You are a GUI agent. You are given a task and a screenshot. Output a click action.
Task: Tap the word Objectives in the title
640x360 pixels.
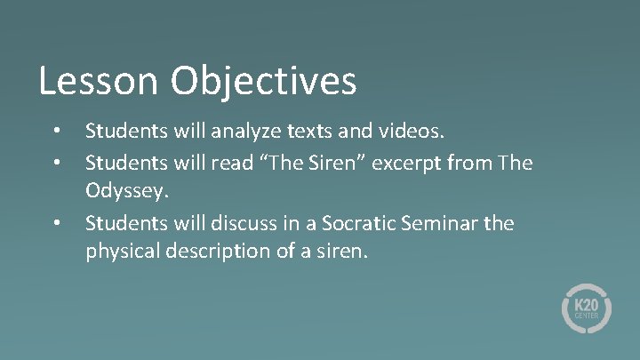click(x=264, y=81)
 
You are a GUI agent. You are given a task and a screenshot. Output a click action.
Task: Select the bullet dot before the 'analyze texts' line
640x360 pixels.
click(x=56, y=132)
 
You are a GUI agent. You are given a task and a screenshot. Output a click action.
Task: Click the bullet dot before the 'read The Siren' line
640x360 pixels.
click(x=56, y=163)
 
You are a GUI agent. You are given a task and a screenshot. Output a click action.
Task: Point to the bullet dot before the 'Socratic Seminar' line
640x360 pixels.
click(x=56, y=223)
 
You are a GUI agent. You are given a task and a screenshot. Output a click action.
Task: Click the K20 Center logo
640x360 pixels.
click(x=586, y=308)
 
